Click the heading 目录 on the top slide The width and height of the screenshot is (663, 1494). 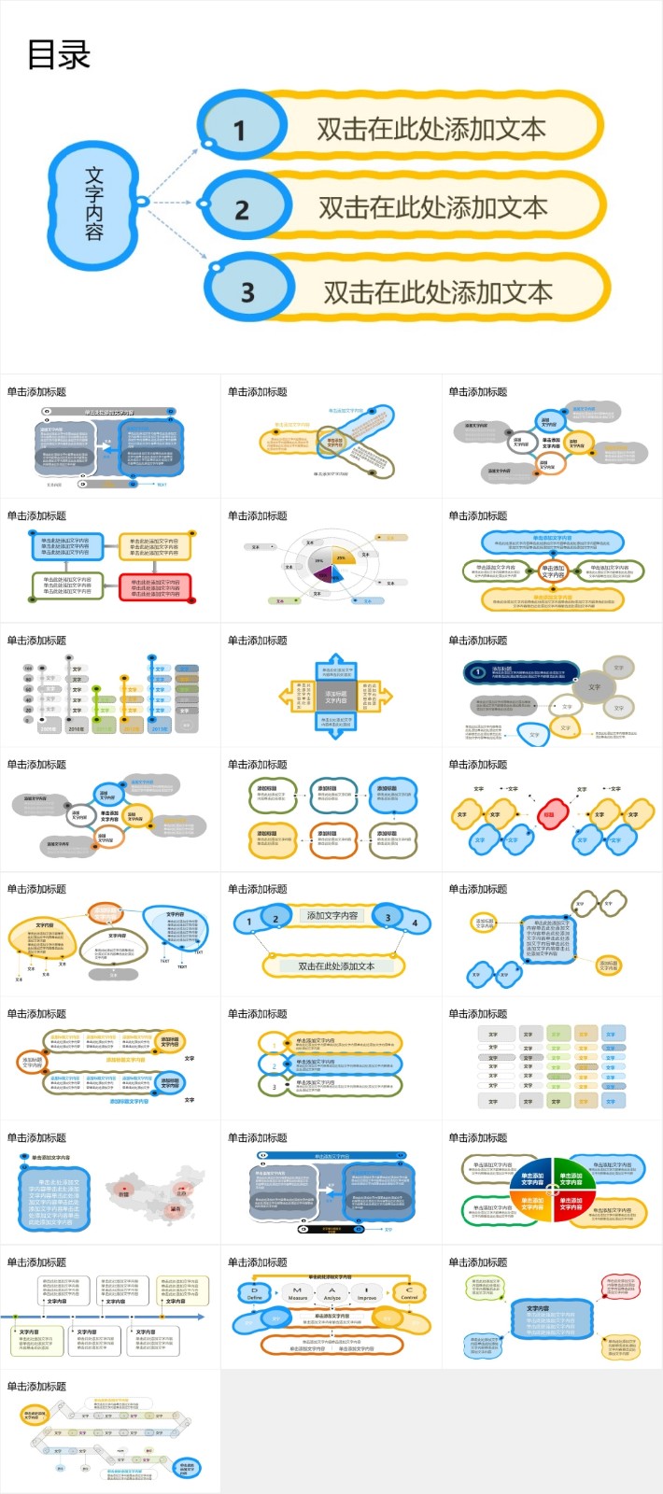pos(58,55)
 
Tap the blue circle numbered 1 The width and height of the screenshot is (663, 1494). pos(241,129)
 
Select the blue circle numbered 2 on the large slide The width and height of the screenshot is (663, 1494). pos(243,208)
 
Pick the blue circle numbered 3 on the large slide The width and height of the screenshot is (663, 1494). pos(248,291)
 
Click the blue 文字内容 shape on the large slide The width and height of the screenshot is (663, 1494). pos(94,203)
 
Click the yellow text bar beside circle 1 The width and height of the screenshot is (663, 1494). pos(431,129)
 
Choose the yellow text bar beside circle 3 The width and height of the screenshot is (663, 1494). pos(437,292)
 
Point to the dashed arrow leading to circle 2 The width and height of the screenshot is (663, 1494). pos(171,203)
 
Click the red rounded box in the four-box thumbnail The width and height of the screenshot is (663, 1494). pos(155,587)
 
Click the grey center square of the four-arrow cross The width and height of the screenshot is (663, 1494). pos(335,697)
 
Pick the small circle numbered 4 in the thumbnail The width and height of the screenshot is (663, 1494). pos(415,923)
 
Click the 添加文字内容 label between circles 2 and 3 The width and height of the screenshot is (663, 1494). pos(332,916)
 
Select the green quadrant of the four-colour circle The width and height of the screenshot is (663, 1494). pos(571,1177)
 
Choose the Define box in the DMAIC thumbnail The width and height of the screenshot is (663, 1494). pos(254,1293)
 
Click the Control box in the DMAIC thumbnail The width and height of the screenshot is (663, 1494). pos(409,1293)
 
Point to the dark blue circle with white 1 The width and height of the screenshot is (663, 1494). pos(478,671)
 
